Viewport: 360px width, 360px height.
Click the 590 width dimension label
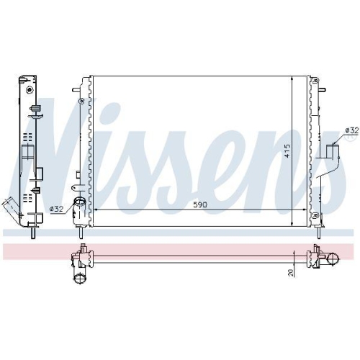tap(199, 205)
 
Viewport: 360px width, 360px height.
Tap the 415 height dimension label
tap(287, 150)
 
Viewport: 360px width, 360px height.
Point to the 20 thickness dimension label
tap(289, 272)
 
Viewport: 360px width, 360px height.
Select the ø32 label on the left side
tap(56, 209)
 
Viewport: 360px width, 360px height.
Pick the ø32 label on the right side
tap(351, 130)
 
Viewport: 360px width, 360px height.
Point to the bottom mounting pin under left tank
tap(81, 232)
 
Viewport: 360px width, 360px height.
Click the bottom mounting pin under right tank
tap(318, 232)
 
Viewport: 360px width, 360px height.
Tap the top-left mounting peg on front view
tap(75, 91)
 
